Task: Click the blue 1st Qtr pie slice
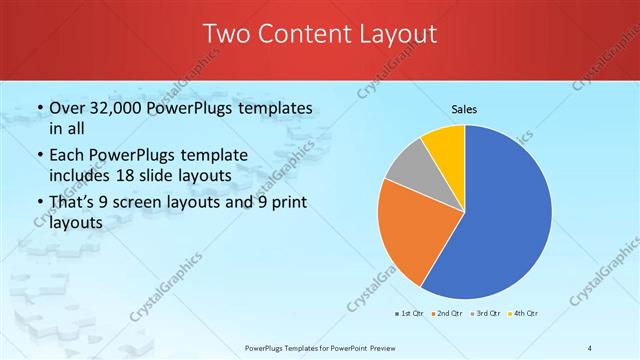tap(510, 215)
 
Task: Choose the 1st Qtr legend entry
tap(409, 314)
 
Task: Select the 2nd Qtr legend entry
tap(446, 314)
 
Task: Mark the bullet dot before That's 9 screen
tap(38, 203)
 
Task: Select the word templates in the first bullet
tap(275, 108)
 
